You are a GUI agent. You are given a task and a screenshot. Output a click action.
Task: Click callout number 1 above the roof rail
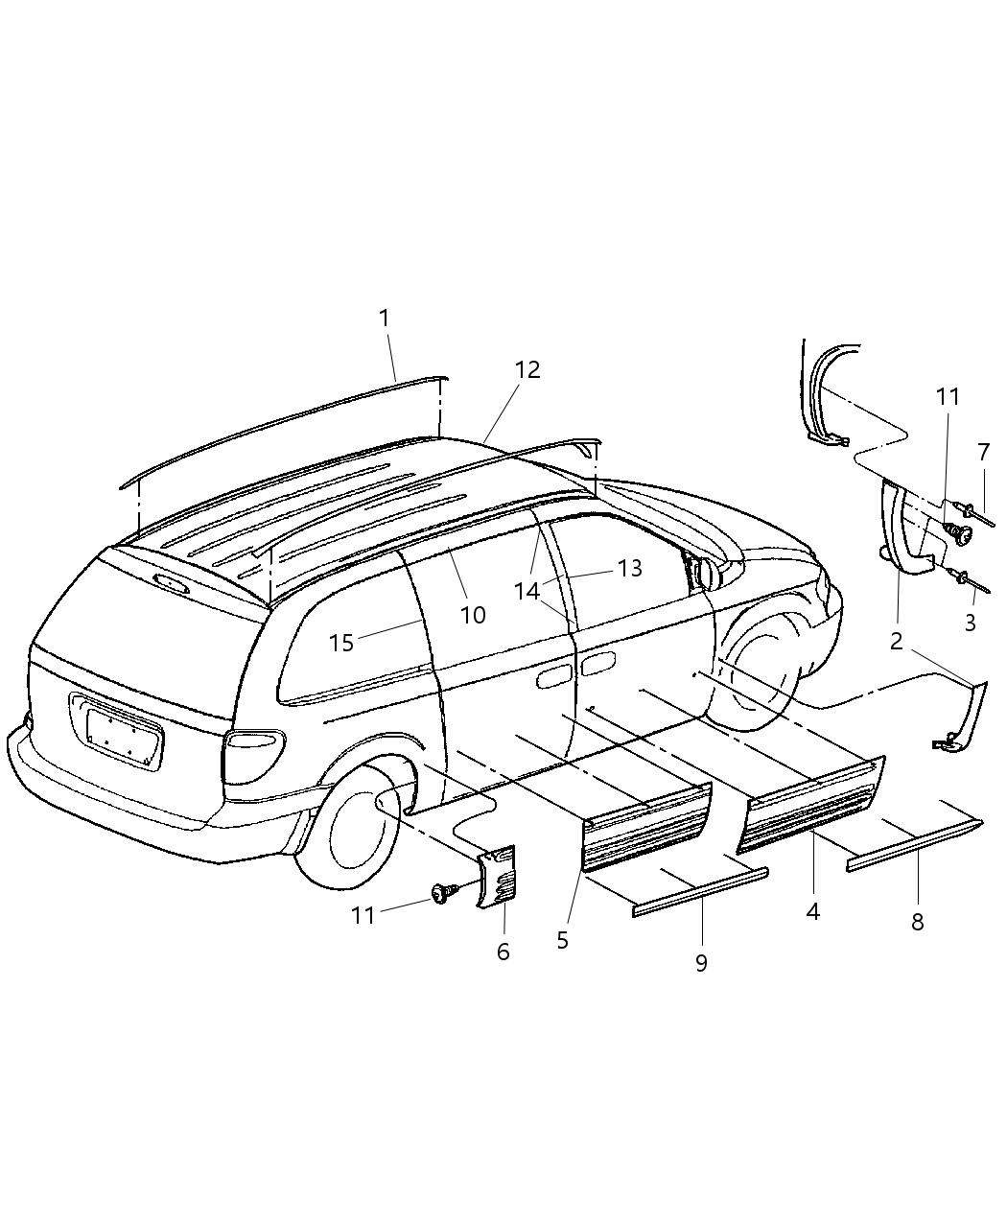(x=385, y=318)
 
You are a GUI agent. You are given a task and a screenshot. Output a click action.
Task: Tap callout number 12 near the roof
(x=527, y=370)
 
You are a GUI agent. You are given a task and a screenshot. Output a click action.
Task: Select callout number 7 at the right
(x=983, y=451)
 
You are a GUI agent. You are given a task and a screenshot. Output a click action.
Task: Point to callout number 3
(x=970, y=622)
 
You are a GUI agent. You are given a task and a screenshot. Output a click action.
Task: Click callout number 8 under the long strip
(x=917, y=922)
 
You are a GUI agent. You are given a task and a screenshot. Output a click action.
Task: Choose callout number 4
(x=812, y=911)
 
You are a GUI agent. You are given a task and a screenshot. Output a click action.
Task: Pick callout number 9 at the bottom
(x=701, y=962)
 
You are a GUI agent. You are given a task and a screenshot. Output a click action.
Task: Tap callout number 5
(x=562, y=940)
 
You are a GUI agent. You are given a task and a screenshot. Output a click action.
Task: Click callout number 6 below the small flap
(x=503, y=952)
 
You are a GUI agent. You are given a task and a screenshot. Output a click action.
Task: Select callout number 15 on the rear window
(x=341, y=643)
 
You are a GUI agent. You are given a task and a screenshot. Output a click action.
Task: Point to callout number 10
(x=473, y=615)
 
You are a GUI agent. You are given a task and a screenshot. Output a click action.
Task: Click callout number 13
(x=629, y=568)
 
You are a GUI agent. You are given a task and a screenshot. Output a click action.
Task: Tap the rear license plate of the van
(x=125, y=733)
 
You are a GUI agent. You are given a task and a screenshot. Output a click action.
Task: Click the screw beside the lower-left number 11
(x=443, y=893)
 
